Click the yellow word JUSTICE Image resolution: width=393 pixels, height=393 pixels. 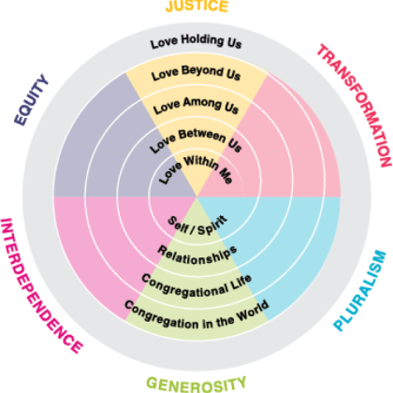point(196,7)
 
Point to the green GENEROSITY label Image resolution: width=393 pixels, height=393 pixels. point(196,385)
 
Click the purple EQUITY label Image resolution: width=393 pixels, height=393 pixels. point(31,100)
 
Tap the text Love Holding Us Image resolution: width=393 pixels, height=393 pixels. point(196,41)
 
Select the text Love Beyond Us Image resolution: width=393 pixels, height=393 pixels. point(196,73)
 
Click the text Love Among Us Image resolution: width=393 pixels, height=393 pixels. point(196,105)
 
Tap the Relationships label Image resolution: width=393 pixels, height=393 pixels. point(197,255)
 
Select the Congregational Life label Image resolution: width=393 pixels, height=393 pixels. point(196,286)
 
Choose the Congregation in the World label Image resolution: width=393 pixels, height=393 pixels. point(196,315)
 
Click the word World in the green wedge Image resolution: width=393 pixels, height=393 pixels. point(253,311)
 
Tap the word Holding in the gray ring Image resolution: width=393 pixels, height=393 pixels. point(202,40)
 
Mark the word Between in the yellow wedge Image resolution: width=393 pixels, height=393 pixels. point(202,136)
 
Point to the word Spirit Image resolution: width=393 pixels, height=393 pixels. point(212,226)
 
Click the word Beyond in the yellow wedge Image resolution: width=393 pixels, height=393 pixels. point(202,72)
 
